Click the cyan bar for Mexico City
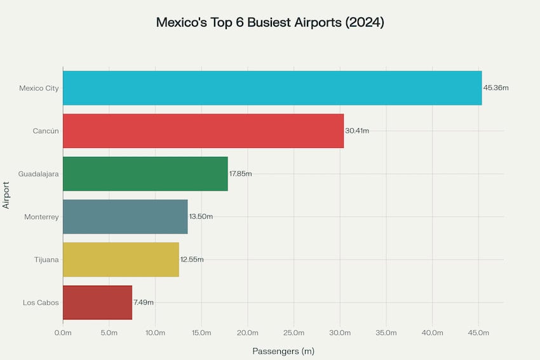(272, 88)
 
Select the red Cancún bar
(203, 131)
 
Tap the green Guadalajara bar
(145, 173)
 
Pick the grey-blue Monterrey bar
(125, 217)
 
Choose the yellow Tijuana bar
(121, 259)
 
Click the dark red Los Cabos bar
(97, 302)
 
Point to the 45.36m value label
(496, 88)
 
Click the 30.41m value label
(357, 131)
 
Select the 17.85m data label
(240, 173)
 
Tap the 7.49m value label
(144, 302)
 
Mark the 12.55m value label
(192, 259)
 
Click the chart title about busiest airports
(270, 22)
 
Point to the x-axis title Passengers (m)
(283, 351)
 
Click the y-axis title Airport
(7, 195)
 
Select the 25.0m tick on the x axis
(294, 333)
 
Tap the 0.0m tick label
(63, 333)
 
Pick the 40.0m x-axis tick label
(432, 333)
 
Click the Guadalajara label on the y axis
(38, 173)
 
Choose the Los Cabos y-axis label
(41, 302)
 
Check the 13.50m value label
(201, 217)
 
